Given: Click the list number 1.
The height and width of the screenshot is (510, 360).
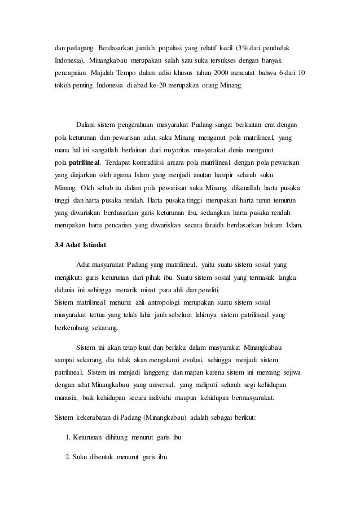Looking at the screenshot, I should [x=67, y=438].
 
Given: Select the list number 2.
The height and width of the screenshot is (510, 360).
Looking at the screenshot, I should [x=67, y=457].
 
